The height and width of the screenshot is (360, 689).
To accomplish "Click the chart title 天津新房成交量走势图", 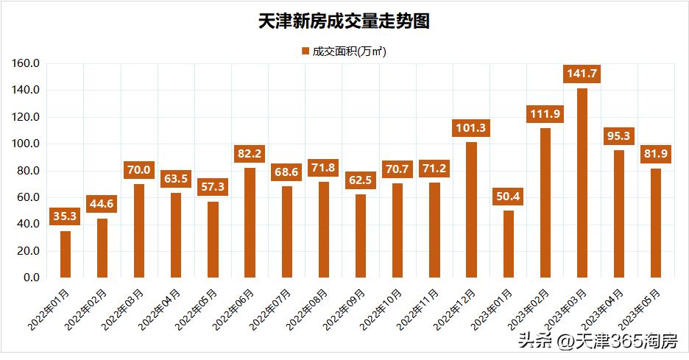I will click(344, 21).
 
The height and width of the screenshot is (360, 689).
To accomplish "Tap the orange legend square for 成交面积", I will click(305, 52).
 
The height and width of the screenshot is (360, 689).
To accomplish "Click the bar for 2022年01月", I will click(66, 254).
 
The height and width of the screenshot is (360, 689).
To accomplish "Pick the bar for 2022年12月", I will click(471, 210).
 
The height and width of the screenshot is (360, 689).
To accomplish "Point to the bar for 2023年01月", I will click(508, 244).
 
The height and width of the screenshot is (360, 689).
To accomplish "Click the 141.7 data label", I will click(582, 74).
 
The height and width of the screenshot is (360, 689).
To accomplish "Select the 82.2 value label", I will click(250, 153).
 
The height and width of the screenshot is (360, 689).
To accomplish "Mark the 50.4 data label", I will click(508, 196).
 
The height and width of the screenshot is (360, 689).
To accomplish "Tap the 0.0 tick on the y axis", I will click(31, 278).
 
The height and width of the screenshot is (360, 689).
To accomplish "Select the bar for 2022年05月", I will click(213, 239).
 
